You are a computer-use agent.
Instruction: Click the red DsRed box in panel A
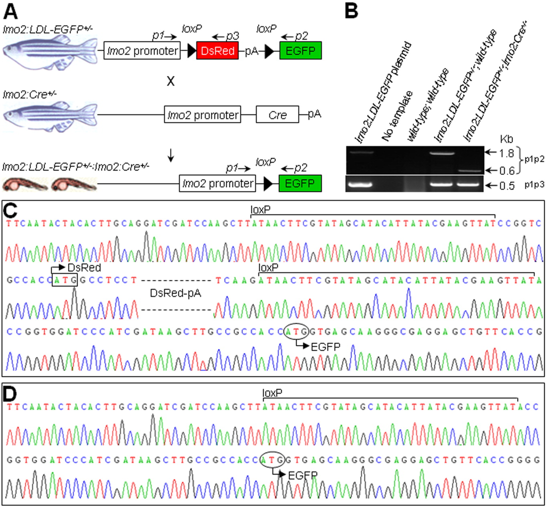pos(217,51)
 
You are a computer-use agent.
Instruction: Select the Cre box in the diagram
pos(277,115)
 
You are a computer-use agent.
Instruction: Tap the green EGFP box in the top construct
pos(300,51)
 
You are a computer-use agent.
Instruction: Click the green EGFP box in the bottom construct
pos(300,183)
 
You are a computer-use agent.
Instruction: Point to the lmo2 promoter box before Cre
pos(202,115)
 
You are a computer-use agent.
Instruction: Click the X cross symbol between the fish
pos(171,81)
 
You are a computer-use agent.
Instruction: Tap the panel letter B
pos(352,11)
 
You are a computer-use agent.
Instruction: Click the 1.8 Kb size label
pos(506,153)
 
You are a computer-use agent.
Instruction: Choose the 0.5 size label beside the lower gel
pos(507,186)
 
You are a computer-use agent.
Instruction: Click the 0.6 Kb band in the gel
pos(469,171)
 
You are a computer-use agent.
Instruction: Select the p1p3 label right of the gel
pos(534,184)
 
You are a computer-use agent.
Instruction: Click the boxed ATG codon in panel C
pos(65,280)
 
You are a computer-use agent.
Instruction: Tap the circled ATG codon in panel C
pos(296,332)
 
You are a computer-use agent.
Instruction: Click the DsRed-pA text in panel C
pos(176,293)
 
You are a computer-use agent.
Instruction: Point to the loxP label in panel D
pos(272,393)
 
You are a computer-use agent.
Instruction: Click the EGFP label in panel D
pos(303,476)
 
